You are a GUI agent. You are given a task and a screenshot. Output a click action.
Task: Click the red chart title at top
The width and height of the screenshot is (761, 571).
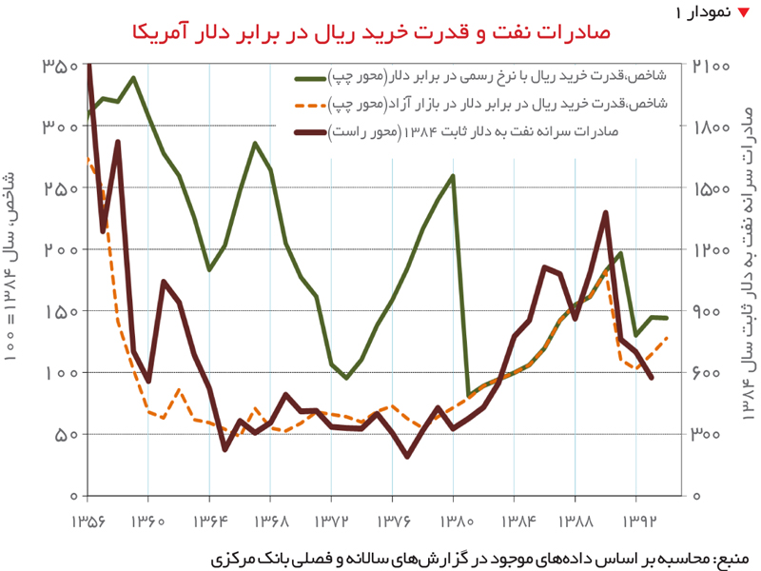pyautogui.click(x=371, y=33)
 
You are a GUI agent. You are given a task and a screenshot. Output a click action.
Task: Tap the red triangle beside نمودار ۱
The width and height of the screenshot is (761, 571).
pyautogui.click(x=743, y=12)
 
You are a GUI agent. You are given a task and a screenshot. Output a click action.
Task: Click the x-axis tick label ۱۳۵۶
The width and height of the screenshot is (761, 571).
pyautogui.click(x=88, y=522)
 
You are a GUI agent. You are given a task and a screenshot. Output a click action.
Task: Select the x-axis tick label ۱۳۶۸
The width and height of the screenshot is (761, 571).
pyautogui.click(x=270, y=522)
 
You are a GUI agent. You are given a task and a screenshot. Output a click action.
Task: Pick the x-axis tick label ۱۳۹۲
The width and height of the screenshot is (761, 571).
pyautogui.click(x=638, y=522)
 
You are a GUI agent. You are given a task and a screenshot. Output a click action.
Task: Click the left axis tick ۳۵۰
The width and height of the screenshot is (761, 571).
pyautogui.click(x=60, y=66)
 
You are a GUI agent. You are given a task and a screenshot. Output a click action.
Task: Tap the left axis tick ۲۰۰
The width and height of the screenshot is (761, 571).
pyautogui.click(x=61, y=249)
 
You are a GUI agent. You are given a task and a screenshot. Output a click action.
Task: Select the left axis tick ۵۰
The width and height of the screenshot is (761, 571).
pyautogui.click(x=67, y=435)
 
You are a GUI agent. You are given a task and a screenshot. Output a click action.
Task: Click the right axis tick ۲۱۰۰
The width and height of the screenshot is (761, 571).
pyautogui.click(x=711, y=66)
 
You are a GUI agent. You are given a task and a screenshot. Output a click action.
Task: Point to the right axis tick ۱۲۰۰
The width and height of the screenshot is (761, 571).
pyautogui.click(x=712, y=249)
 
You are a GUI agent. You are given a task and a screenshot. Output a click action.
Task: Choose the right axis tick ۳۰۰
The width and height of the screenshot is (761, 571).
pyautogui.click(x=705, y=435)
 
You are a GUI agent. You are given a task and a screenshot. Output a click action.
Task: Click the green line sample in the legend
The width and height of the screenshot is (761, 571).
pyautogui.click(x=310, y=79)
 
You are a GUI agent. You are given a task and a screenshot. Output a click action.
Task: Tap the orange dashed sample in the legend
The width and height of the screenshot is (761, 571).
pyautogui.click(x=310, y=106)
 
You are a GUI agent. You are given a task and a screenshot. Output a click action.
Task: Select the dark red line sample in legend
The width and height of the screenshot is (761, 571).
pyautogui.click(x=310, y=132)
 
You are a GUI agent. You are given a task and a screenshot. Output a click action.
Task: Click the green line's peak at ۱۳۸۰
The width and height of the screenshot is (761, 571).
pyautogui.click(x=453, y=176)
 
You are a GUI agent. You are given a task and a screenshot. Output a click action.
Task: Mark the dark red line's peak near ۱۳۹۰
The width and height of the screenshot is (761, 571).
pyautogui.click(x=605, y=212)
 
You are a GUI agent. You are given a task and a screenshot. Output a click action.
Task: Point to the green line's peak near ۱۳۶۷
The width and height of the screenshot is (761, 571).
pyautogui.click(x=255, y=144)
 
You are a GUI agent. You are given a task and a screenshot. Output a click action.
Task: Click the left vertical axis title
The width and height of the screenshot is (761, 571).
pyautogui.click(x=10, y=266)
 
